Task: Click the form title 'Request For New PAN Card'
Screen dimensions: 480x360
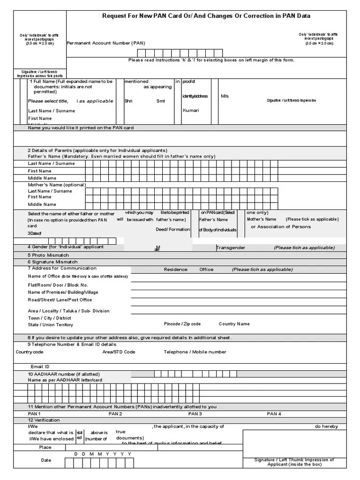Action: tap(206, 16)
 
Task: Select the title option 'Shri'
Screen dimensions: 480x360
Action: tap(128, 101)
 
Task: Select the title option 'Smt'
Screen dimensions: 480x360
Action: tap(161, 101)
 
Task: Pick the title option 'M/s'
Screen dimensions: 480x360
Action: tap(225, 96)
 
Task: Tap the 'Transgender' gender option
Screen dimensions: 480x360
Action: tap(231, 247)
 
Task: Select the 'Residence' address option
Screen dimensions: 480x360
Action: tap(175, 270)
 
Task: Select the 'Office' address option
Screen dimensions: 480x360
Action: tap(206, 270)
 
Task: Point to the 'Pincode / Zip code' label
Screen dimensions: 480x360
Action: tap(182, 324)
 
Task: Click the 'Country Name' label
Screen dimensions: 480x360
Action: tap(234, 324)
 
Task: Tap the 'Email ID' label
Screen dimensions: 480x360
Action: tap(40, 367)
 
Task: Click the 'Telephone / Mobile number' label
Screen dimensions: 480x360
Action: tap(195, 352)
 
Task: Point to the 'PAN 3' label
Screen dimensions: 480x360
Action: tap(195, 414)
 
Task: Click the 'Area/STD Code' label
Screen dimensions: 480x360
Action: tap(119, 352)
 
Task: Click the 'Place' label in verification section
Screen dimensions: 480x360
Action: tap(45, 448)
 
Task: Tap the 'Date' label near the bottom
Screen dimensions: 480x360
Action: tap(46, 460)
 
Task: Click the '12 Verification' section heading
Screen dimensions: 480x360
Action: tap(44, 420)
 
